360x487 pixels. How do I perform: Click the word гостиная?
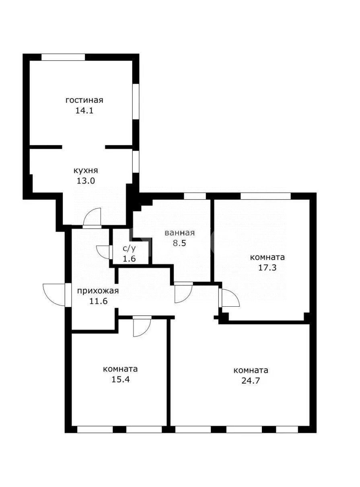tap(84, 100)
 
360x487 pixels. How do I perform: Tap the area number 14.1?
tap(84, 110)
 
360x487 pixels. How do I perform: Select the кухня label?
tap(86, 171)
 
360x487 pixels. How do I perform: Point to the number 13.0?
tap(86, 181)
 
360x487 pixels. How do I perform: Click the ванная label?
tap(179, 233)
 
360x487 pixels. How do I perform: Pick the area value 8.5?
tap(179, 243)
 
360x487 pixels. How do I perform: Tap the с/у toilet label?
tap(129, 249)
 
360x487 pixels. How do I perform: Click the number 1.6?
tap(129, 259)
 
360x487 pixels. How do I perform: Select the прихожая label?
tap(98, 291)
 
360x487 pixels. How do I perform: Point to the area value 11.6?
tap(98, 301)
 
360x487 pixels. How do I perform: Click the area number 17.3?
tap(267, 268)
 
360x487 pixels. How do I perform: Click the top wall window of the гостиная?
tap(63, 57)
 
